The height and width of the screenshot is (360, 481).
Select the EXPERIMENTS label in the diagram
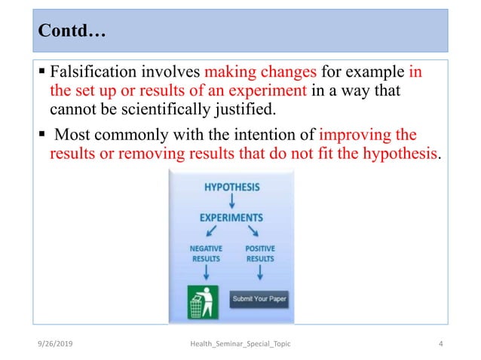pyautogui.click(x=231, y=218)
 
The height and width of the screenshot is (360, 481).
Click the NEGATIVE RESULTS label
pyautogui.click(x=204, y=253)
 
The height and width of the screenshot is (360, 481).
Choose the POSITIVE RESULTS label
pyautogui.click(x=260, y=253)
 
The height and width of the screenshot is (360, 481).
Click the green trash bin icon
pyautogui.click(x=203, y=301)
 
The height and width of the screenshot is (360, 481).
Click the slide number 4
pyautogui.click(x=439, y=344)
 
